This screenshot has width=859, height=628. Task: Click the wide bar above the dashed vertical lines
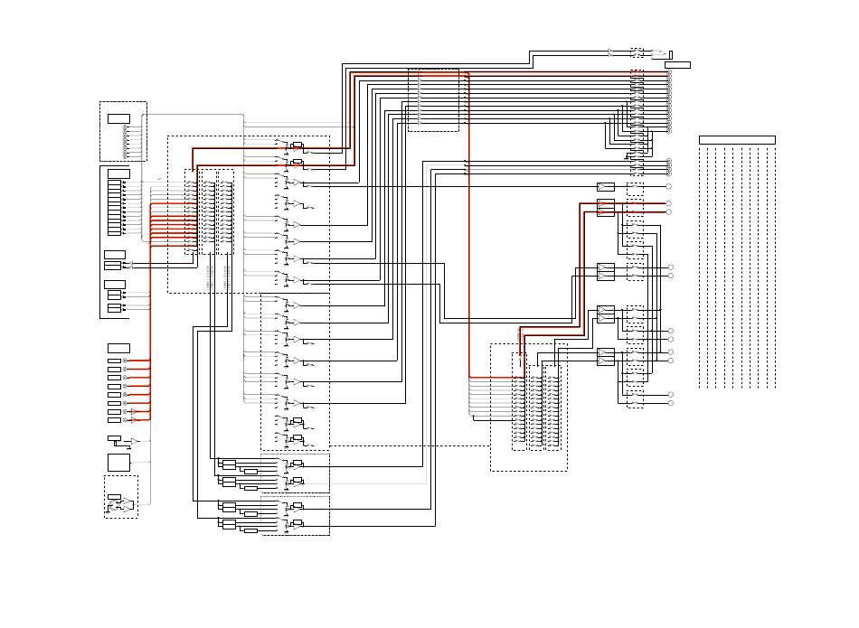click(737, 139)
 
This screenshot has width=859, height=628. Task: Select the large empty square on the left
click(118, 463)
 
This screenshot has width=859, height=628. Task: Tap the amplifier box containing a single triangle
click(606, 187)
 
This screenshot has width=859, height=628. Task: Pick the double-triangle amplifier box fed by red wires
click(606, 208)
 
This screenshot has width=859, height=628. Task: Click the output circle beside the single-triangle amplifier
click(668, 186)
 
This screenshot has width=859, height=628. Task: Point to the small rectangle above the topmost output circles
click(677, 65)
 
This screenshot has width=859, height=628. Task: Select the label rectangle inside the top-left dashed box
click(118, 118)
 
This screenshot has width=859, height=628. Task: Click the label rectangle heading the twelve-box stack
click(118, 173)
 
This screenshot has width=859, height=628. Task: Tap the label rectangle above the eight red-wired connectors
click(118, 348)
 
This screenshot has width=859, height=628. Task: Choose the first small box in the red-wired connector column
click(113, 361)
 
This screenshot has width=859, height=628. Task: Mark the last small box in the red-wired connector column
click(113, 419)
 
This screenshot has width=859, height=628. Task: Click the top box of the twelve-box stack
click(114, 183)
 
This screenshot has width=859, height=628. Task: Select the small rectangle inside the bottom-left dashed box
click(113, 497)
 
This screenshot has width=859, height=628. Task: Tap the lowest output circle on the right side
click(670, 403)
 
